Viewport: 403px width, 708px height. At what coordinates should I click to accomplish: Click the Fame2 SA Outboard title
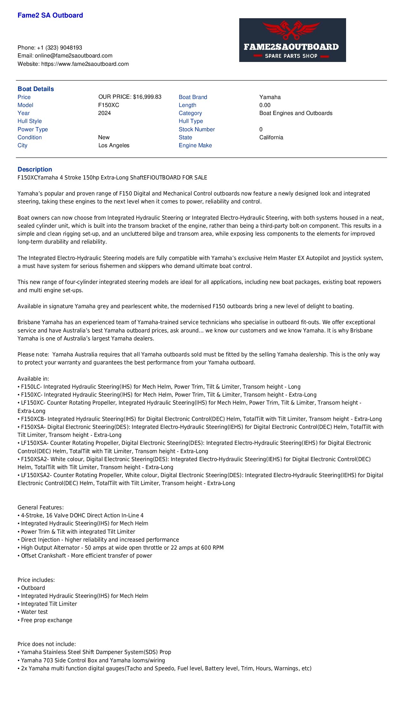50,15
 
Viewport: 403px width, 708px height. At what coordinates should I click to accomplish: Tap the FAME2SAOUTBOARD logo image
292,40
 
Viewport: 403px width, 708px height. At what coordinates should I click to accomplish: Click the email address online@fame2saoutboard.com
74,56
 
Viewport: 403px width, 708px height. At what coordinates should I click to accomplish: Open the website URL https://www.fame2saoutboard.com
85,64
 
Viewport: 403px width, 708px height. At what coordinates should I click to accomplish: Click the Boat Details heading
36,89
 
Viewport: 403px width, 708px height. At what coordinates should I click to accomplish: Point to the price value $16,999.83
147,97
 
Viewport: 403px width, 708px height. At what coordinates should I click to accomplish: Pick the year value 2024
104,113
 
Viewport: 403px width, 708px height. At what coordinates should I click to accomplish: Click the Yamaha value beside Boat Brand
270,97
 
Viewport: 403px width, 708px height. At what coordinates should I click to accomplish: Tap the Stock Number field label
197,129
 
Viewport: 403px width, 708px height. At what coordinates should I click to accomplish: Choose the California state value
271,137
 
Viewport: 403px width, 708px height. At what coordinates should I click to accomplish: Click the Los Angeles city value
114,145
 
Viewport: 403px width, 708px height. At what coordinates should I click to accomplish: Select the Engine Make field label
195,145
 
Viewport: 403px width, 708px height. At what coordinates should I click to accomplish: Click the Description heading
35,169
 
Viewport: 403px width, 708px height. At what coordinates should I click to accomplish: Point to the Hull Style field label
29,121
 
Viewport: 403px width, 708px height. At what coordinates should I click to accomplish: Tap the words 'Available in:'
33,379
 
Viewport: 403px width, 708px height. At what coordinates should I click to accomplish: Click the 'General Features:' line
41,507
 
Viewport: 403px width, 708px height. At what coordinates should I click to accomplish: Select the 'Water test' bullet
34,612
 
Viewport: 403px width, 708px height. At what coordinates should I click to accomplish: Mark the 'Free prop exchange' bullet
46,620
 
